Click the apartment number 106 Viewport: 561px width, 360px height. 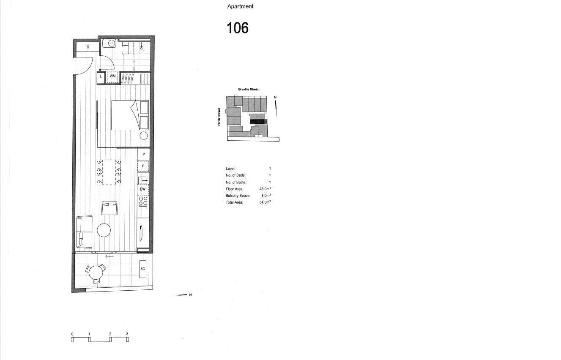tap(238, 28)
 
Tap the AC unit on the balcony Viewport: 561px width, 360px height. tap(142, 269)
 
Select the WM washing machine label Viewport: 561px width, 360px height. tap(112, 76)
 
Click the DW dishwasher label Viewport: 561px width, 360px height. tap(143, 189)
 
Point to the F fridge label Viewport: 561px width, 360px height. tap(143, 166)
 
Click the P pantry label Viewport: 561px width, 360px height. tap(144, 154)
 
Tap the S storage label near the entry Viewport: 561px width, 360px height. tap(88, 47)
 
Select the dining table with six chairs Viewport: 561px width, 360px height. tap(109, 172)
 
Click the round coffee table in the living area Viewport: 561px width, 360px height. tap(104, 230)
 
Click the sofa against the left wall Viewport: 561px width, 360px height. tap(84, 232)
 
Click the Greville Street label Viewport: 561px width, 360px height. tap(249, 89)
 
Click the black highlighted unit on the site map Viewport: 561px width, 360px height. tap(257, 122)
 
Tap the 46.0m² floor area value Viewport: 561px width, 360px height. tap(265, 189)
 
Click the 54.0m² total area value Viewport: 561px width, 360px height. tap(265, 202)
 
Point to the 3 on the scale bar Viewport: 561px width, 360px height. tap(127, 334)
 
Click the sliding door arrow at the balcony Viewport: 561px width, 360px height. tap(109, 256)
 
